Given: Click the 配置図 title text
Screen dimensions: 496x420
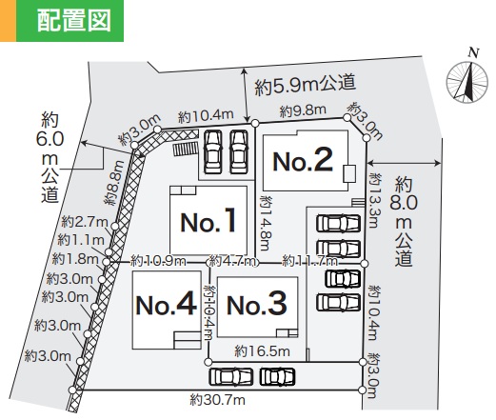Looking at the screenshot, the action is point(74,20).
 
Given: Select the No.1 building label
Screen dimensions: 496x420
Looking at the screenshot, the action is point(208,220).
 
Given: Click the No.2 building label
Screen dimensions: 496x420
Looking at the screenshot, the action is point(303,160).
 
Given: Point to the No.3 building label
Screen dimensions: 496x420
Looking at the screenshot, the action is point(257,304).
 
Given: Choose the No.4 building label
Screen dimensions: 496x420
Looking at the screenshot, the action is point(167,304).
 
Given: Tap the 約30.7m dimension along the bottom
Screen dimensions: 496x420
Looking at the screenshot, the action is point(218,400).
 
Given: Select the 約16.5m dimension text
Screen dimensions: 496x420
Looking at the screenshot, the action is point(262,351).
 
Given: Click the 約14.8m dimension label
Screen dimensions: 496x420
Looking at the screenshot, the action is point(266,223).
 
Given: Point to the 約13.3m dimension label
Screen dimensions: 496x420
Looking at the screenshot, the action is point(374,200).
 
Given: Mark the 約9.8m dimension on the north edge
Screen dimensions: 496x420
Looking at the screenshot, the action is point(303,110).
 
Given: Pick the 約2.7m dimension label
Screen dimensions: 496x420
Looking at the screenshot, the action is point(85,222).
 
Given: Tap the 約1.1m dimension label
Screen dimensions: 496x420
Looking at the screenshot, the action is point(81,240).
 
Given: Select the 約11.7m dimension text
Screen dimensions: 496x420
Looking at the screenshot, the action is point(309,261).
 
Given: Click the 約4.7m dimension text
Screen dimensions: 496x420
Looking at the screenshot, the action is point(232,261).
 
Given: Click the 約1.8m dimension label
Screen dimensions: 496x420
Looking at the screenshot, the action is point(75,259).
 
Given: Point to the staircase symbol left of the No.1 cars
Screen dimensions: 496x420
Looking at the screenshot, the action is point(185,149).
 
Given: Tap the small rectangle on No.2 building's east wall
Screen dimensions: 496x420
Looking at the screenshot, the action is point(349,173).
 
